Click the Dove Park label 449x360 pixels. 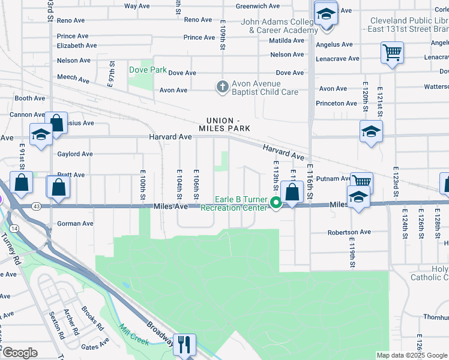148,70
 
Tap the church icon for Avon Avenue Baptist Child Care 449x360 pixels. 222,86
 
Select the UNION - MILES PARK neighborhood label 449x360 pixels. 224,124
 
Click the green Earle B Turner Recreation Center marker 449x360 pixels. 276,203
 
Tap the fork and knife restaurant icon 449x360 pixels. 184,344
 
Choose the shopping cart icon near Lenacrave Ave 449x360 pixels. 391,53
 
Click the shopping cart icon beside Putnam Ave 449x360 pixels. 361,182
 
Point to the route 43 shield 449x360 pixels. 37,207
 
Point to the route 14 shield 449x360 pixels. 13,228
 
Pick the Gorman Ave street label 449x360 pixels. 75,224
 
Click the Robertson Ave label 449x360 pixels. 349,232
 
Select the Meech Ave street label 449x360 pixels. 72,77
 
